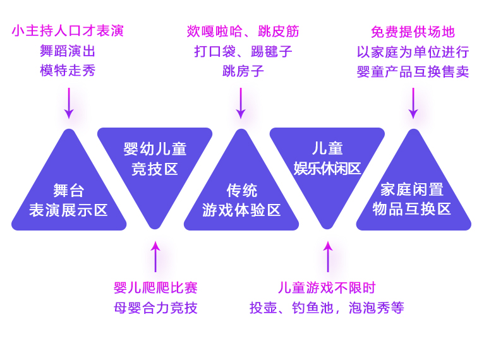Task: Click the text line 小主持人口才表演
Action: coord(68,30)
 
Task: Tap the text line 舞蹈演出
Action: coord(68,51)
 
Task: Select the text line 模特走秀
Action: coord(68,70)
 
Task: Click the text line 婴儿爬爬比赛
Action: coord(155,288)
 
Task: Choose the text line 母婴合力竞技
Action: coord(155,308)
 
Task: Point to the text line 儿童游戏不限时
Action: coord(327,288)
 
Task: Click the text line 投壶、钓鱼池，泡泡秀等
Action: coord(327,308)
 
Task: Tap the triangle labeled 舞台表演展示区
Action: coord(69,196)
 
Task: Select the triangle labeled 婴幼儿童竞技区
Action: coord(155,161)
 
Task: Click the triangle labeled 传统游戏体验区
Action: coord(241,196)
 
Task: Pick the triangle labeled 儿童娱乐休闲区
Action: coord(327,161)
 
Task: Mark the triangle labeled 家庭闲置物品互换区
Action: coord(413,196)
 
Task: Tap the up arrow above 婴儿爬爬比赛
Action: coord(155,256)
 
